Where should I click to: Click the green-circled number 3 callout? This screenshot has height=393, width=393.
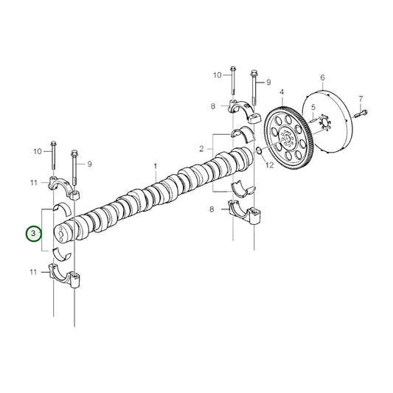(x=32, y=234)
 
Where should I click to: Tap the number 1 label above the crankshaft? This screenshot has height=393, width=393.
(x=156, y=167)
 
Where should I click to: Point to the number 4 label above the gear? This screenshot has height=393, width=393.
(x=281, y=92)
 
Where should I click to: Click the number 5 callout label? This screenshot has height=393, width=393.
(x=313, y=108)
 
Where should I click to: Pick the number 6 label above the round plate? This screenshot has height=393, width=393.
(x=322, y=77)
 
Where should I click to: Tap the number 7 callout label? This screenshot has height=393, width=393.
(x=361, y=99)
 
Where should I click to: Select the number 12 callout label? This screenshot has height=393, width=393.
(x=270, y=166)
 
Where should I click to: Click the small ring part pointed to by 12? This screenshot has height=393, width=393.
(x=260, y=151)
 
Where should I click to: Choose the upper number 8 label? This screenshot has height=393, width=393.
(x=213, y=106)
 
